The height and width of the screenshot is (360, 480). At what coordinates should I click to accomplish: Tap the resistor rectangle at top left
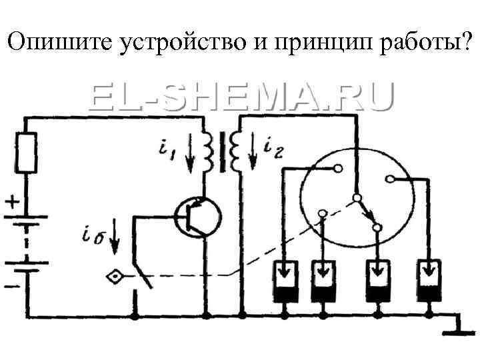(27, 153)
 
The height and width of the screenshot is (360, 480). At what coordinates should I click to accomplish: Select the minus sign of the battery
(13, 287)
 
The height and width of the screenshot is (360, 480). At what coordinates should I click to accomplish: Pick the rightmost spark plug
(430, 280)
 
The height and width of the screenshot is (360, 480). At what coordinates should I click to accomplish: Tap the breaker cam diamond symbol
(115, 276)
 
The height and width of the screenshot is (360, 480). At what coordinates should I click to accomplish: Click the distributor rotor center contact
(357, 199)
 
